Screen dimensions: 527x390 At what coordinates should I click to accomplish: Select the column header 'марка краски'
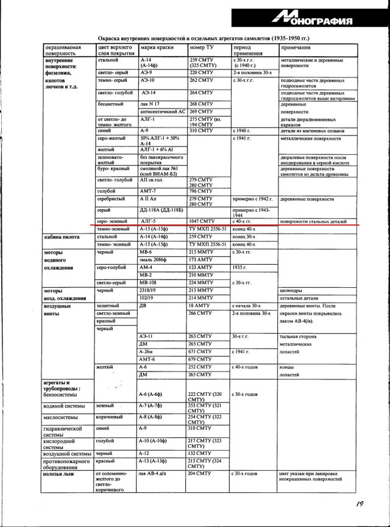tap(156, 47)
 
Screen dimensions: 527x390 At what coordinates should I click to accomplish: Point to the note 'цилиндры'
tap(291, 291)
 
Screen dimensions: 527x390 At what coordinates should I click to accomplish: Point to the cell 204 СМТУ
tap(200, 473)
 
